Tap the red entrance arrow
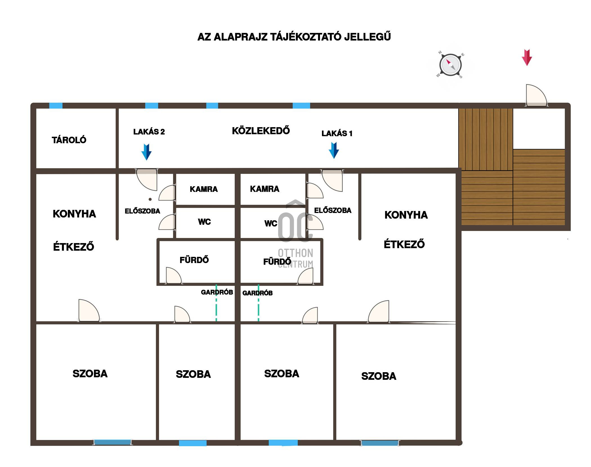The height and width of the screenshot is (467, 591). pyautogui.click(x=527, y=57)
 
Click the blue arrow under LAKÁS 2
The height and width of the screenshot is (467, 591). pyautogui.click(x=146, y=152)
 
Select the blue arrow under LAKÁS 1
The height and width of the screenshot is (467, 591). pyautogui.click(x=334, y=150)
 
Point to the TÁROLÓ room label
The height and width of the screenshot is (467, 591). pyautogui.click(x=69, y=140)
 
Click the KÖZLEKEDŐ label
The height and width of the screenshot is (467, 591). pyautogui.click(x=261, y=131)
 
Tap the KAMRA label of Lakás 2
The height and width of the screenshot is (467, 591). pyautogui.click(x=204, y=189)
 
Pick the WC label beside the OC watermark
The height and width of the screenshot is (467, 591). pyautogui.click(x=271, y=223)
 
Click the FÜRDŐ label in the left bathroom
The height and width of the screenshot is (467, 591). pyautogui.click(x=194, y=260)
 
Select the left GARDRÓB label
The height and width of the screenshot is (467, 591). pyautogui.click(x=217, y=292)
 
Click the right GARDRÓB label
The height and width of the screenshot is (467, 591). pyautogui.click(x=257, y=293)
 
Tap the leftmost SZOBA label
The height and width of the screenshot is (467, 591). pyautogui.click(x=90, y=374)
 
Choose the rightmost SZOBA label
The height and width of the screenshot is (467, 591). pyautogui.click(x=379, y=376)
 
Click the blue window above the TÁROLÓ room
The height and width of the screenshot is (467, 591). pyautogui.click(x=56, y=106)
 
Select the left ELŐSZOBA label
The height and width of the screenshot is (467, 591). pyautogui.click(x=142, y=211)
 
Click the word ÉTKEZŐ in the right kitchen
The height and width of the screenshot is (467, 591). pyautogui.click(x=404, y=244)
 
